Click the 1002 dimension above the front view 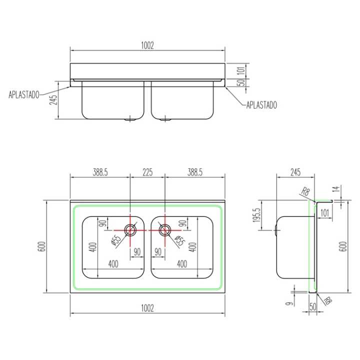tap(147, 45)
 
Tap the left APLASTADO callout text tap(24, 95)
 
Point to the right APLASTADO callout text tap(261, 105)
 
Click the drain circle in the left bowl tap(130, 230)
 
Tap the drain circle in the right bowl tap(164, 230)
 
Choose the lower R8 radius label tap(327, 300)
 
